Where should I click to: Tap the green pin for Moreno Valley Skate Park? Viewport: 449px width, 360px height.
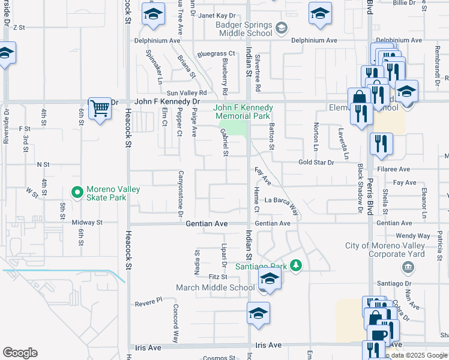(x=77, y=193)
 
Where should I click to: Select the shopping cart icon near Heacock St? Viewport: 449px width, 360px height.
(x=100, y=109)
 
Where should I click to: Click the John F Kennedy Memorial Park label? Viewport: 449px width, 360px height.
(x=244, y=112)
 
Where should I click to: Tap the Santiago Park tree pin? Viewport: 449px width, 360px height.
(x=295, y=265)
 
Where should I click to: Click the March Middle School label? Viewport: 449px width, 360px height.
(x=215, y=287)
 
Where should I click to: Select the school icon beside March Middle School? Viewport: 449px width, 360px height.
(x=270, y=279)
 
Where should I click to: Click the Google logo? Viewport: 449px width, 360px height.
(x=20, y=353)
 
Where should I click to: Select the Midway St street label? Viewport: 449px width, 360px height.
(x=87, y=222)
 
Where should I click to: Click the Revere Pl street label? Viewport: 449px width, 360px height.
(x=149, y=300)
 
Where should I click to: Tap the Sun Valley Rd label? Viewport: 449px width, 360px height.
(x=187, y=93)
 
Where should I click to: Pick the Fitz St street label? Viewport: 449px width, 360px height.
(x=218, y=277)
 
